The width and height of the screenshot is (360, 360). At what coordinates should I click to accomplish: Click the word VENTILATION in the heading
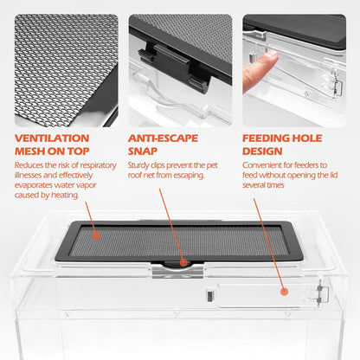(x=52, y=138)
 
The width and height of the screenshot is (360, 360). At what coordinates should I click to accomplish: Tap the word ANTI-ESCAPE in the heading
(x=163, y=138)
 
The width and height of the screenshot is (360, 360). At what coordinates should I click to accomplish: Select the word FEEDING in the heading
(x=266, y=138)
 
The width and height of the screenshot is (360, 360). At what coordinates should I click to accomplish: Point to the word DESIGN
(x=262, y=151)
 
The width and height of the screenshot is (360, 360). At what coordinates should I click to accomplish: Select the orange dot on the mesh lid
(x=97, y=236)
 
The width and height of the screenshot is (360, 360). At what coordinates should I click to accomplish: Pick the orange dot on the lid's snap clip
(x=183, y=262)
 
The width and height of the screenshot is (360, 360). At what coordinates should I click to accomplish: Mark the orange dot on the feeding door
(x=284, y=292)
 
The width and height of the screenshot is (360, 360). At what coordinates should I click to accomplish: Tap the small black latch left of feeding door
(x=209, y=296)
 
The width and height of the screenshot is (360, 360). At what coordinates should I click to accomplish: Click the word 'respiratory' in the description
(x=98, y=165)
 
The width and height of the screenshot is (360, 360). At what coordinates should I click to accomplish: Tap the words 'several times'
(x=263, y=185)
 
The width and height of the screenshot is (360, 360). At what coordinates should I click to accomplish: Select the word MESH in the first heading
(x=29, y=151)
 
